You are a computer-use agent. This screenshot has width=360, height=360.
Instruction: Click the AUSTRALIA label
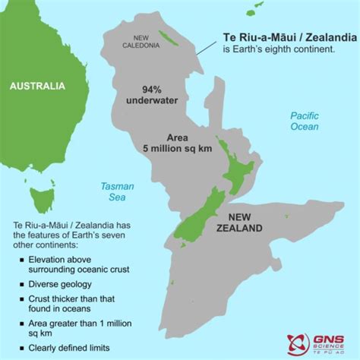36,87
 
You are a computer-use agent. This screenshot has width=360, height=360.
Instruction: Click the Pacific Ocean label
304,121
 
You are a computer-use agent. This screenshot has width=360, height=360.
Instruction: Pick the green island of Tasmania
41,200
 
